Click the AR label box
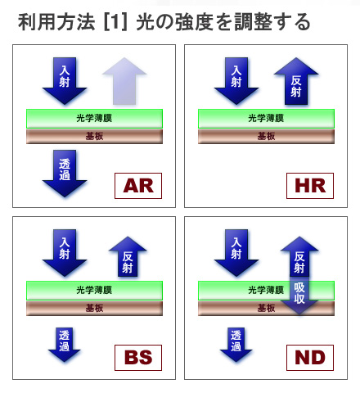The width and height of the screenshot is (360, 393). coord(138,186)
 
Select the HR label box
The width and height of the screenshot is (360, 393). coord(310,186)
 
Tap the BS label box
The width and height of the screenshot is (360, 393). coord(138,358)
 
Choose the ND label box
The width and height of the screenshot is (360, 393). coord(310,358)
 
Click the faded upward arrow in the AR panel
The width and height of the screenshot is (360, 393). coord(124,81)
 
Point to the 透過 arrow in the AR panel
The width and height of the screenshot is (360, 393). coord(65,173)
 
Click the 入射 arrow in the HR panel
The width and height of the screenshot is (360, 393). coord(236,81)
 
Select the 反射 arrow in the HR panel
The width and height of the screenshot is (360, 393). coord(296,81)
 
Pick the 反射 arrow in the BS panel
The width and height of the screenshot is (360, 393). coord(128,256)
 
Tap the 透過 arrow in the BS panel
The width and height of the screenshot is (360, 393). coord(65,345)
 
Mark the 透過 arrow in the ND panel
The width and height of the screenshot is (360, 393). coord(236,345)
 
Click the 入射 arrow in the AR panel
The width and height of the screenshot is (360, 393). coord(65,81)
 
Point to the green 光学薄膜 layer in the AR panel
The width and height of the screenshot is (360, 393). coord(94,119)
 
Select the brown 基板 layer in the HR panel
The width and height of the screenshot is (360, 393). coord(266,137)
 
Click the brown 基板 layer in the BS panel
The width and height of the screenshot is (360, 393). coord(94,309)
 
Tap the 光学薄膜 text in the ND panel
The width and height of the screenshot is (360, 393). coord(266,290)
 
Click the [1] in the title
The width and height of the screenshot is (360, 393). coord(115,22)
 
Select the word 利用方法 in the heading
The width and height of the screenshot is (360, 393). coord(56,22)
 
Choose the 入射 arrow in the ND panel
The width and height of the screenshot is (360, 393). coord(236,253)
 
